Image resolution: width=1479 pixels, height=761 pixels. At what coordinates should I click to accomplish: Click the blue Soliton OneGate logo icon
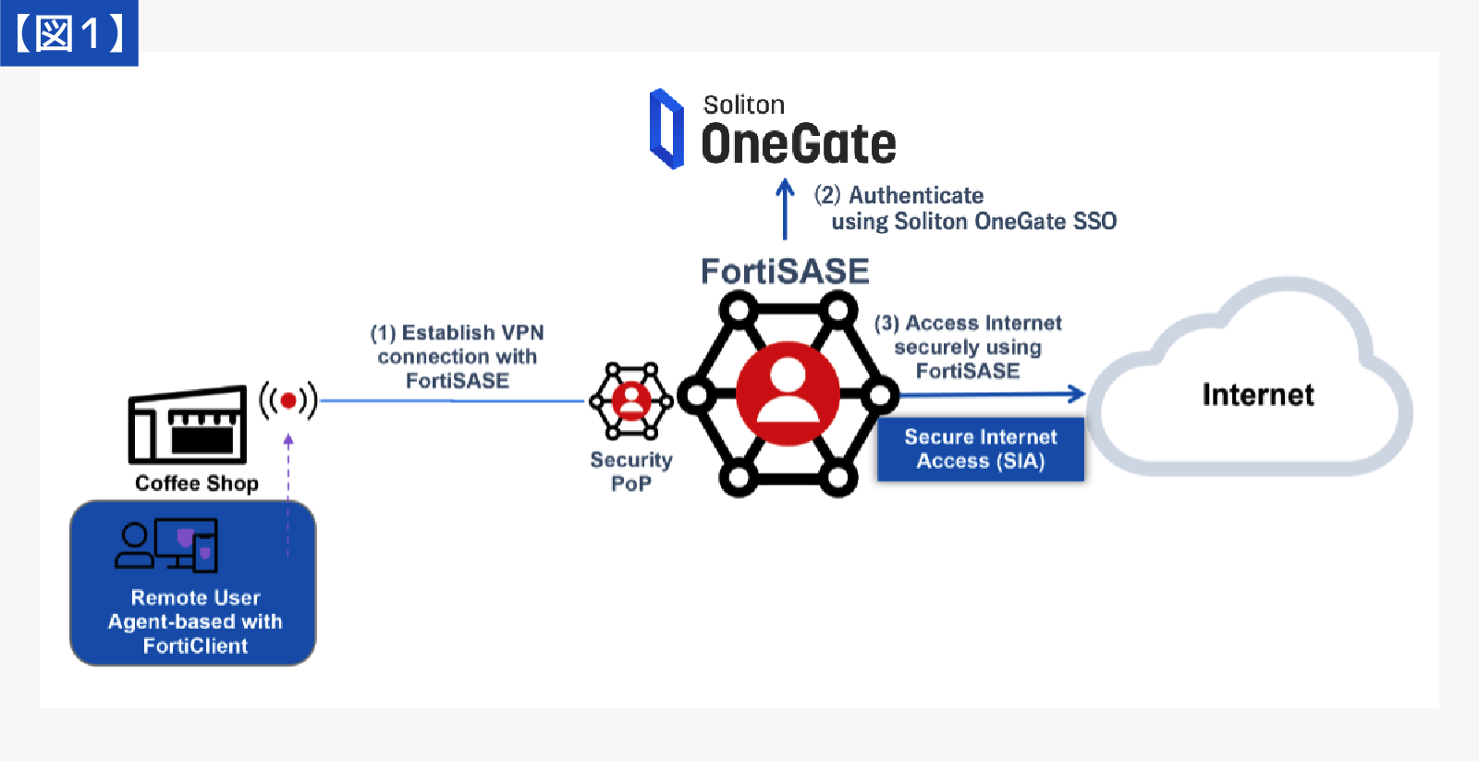click(x=666, y=129)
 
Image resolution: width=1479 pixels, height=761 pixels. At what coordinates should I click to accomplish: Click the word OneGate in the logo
click(x=799, y=145)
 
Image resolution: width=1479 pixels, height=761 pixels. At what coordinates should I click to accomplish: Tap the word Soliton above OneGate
click(x=743, y=104)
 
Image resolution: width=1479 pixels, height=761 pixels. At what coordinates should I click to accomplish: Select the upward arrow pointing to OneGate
click(x=785, y=208)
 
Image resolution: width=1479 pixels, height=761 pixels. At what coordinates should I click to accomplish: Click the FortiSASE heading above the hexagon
click(x=785, y=271)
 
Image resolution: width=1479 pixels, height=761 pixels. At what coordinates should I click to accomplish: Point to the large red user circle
click(x=788, y=394)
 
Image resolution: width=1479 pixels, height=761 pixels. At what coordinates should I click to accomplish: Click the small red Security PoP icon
click(x=631, y=400)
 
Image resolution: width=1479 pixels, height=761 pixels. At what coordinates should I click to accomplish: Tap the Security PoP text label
click(x=631, y=472)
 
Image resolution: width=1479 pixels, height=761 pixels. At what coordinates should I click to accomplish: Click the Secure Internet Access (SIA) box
click(x=980, y=449)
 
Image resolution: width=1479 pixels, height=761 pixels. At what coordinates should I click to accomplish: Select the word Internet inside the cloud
click(x=1257, y=395)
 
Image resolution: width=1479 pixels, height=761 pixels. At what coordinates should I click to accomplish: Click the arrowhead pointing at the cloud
click(x=1077, y=394)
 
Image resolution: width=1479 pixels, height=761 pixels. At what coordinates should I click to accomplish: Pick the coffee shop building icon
click(x=188, y=425)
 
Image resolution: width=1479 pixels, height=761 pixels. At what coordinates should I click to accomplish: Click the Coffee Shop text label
click(x=197, y=484)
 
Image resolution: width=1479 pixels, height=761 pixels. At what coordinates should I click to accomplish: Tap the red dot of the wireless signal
click(x=288, y=400)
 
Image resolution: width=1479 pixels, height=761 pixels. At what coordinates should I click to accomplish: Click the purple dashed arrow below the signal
click(x=288, y=490)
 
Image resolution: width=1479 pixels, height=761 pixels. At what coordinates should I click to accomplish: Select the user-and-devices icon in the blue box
click(x=166, y=545)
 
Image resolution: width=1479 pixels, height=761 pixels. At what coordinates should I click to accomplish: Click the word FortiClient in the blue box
click(x=195, y=645)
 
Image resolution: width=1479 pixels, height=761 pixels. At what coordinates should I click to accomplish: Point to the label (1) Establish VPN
click(x=457, y=333)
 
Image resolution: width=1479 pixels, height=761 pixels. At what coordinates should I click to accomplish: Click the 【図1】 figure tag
click(x=69, y=33)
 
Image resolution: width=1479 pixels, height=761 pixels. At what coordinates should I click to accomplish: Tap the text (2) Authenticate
click(x=898, y=195)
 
